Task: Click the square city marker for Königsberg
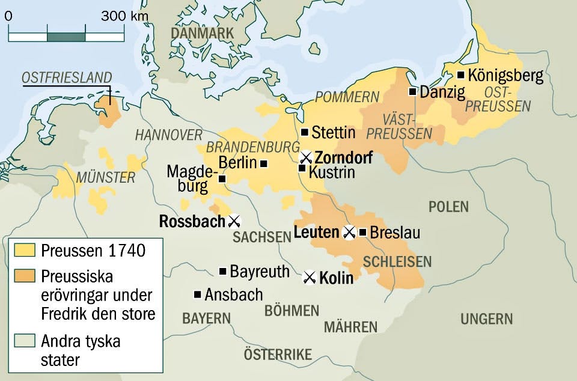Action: (x=460, y=75)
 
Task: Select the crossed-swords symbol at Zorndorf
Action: (x=307, y=157)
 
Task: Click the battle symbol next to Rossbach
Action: (x=234, y=221)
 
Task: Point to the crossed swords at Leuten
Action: (x=349, y=233)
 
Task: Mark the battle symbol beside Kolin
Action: (x=310, y=277)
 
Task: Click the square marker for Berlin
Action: (x=263, y=163)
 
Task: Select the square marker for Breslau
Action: (x=362, y=232)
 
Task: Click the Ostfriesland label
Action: (x=67, y=78)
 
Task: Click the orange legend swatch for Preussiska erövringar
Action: (x=23, y=275)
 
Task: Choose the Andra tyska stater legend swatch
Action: (x=23, y=341)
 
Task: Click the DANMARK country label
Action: (x=201, y=34)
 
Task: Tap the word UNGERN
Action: (x=487, y=319)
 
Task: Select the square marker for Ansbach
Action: (x=197, y=294)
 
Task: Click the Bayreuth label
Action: (x=260, y=272)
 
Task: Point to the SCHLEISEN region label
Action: (x=397, y=261)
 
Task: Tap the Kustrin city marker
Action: (x=302, y=168)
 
